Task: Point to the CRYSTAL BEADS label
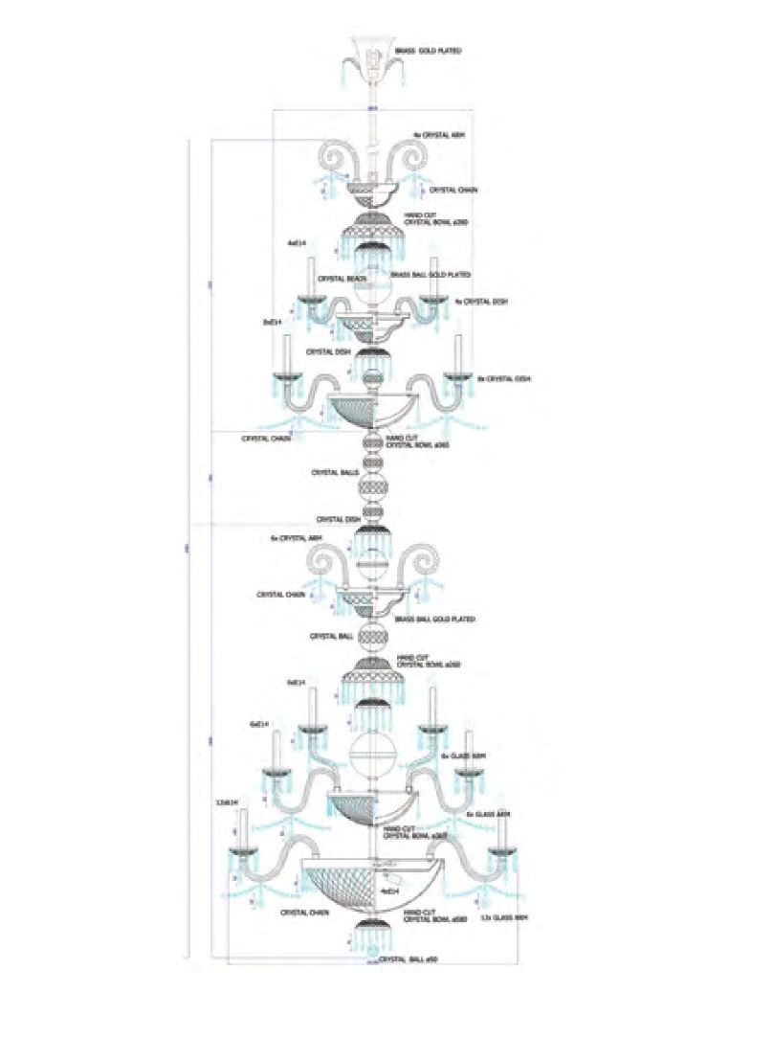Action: click(x=323, y=279)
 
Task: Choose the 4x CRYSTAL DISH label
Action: click(x=482, y=302)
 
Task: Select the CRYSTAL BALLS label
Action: click(x=334, y=473)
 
